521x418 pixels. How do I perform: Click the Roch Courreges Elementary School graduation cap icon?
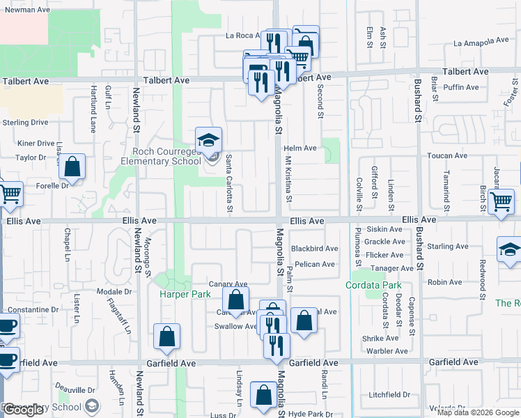208,140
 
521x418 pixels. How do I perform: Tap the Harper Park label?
185,295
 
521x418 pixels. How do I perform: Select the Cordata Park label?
374,286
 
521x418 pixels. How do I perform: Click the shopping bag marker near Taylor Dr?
72,167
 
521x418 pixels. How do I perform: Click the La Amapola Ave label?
481,42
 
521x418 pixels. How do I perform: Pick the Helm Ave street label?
300,148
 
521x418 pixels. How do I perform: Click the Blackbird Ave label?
314,249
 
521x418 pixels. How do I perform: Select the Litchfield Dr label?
390,394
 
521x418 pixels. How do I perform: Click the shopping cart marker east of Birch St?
501,202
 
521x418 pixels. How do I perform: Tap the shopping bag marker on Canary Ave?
236,300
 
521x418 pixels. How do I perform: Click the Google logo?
24,410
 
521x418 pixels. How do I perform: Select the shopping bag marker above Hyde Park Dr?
264,396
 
